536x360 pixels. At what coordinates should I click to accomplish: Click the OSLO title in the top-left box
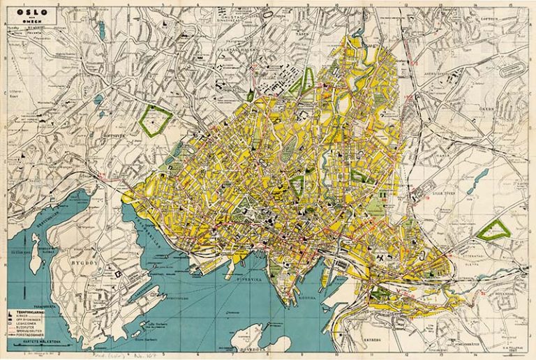pyautogui.click(x=29, y=13)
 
